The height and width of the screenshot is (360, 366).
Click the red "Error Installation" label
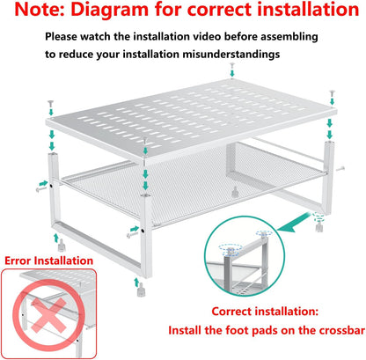[x=48, y=261]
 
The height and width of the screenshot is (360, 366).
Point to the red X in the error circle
[x=48, y=314]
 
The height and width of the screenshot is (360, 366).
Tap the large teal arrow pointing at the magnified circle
[x=293, y=224]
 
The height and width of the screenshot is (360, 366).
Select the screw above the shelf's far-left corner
[x=51, y=104]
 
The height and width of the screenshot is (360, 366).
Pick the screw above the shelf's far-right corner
[x=332, y=93]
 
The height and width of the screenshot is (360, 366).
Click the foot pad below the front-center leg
[x=141, y=290]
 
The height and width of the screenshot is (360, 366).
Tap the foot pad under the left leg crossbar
[x=62, y=245]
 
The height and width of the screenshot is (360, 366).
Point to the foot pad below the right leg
[x=319, y=225]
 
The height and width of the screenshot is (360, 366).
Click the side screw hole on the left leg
[x=51, y=186]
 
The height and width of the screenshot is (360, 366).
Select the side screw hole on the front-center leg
[x=143, y=231]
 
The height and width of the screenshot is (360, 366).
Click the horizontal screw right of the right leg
[x=340, y=168]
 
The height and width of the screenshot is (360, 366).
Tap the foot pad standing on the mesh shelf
[x=235, y=192]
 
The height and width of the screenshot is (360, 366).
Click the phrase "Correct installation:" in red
[x=265, y=312]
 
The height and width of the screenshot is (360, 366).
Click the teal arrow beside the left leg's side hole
[x=43, y=183]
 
